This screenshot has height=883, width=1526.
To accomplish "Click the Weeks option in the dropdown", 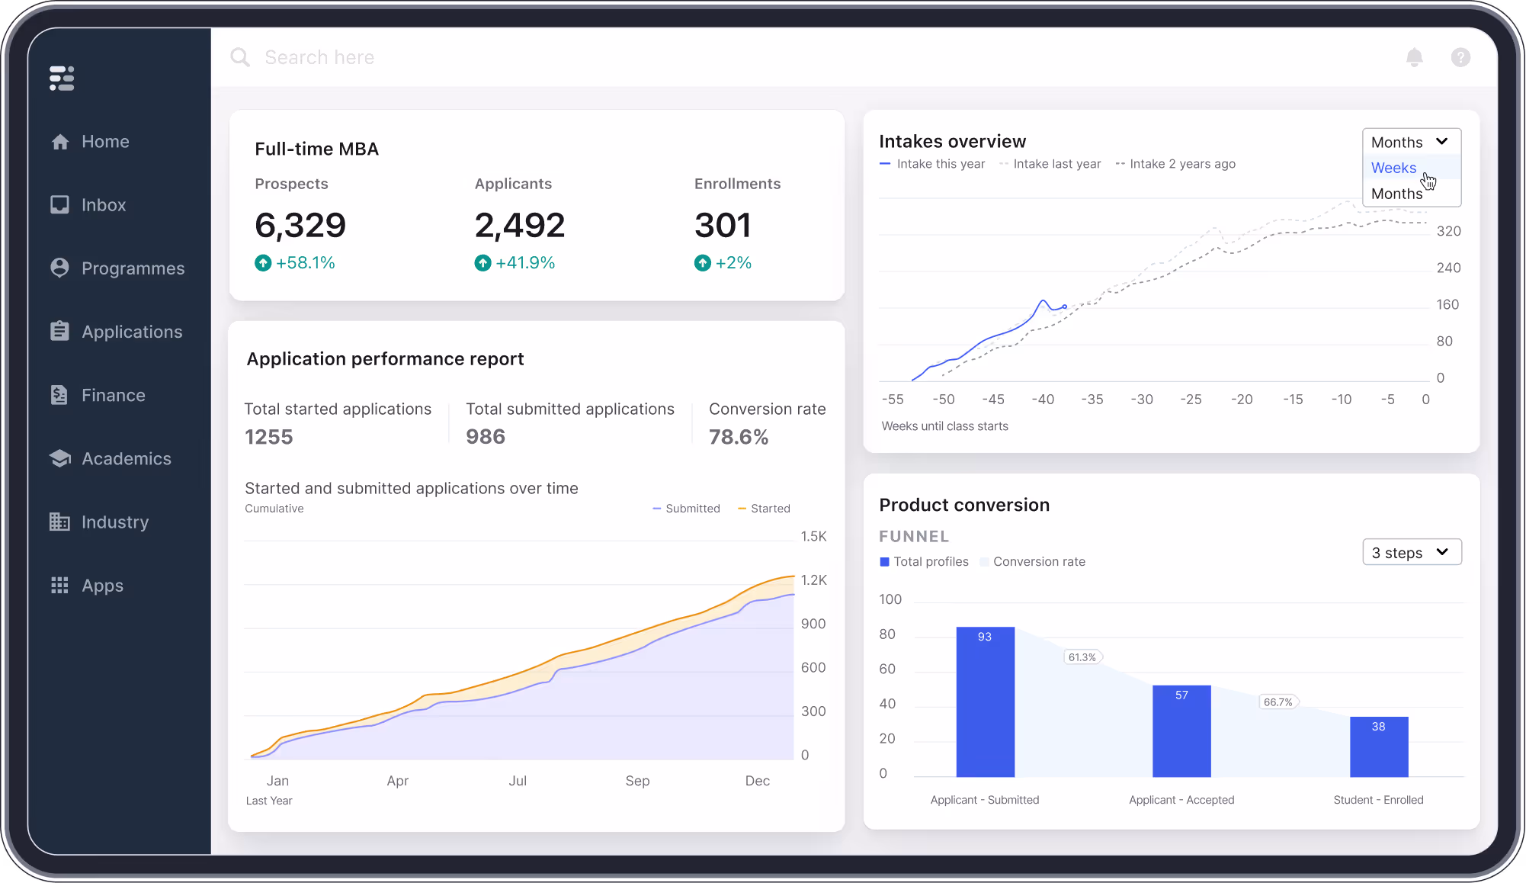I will pyautogui.click(x=1393, y=168).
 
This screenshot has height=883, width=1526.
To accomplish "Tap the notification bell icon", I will pyautogui.click(x=1414, y=57).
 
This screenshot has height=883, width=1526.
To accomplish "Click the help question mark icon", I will pyautogui.click(x=1460, y=57).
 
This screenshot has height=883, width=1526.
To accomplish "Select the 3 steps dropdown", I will pyautogui.click(x=1411, y=553).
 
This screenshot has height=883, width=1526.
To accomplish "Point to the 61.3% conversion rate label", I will pyautogui.click(x=1082, y=657).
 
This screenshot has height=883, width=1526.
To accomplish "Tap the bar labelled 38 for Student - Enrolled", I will pyautogui.click(x=1378, y=747).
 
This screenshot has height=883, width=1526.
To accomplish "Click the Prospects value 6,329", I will pyautogui.click(x=300, y=226).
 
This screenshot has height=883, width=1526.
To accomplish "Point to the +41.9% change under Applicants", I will pyautogui.click(x=515, y=263).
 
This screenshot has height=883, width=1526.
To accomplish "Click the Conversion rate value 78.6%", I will pyautogui.click(x=738, y=437).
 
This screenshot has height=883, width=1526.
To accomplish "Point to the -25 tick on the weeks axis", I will pyautogui.click(x=1191, y=400).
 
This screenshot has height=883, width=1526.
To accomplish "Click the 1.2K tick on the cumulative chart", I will pyautogui.click(x=813, y=580).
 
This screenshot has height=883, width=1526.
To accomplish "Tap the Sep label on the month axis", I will pyautogui.click(x=637, y=781).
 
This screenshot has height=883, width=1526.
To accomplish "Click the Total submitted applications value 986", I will pyautogui.click(x=486, y=437).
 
